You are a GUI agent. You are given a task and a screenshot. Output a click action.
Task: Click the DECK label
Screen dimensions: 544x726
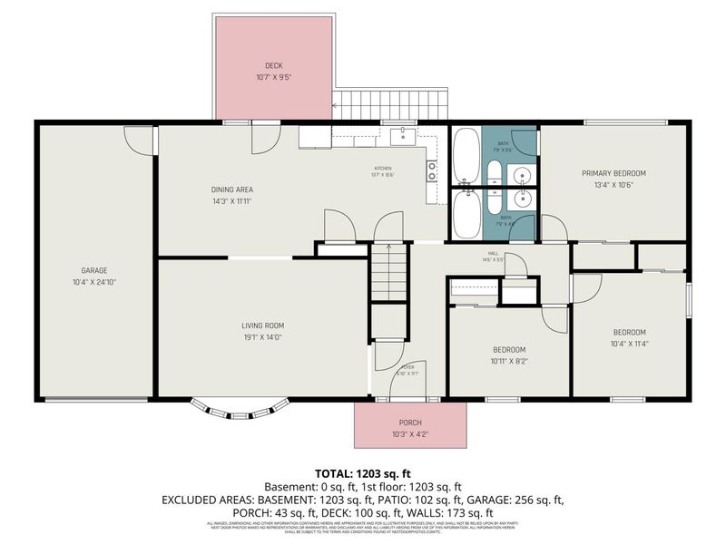(273, 65)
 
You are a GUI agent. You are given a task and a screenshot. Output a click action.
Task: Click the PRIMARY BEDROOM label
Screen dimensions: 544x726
(613, 173)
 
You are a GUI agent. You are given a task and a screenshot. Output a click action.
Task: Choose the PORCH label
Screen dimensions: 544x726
(410, 423)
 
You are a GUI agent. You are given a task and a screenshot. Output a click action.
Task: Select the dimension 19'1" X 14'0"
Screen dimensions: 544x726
(263, 338)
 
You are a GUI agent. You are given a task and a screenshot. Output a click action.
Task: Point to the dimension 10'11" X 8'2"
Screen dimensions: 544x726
(509, 362)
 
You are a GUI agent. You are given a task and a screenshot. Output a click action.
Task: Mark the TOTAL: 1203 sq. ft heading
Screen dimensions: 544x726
(362, 473)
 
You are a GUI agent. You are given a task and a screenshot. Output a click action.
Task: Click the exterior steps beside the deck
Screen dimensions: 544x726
(391, 103)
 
